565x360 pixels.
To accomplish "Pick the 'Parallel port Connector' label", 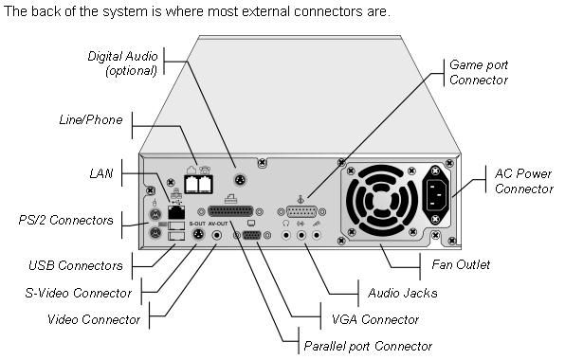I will tap(368, 347).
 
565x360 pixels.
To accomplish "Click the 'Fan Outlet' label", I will tap(484, 266).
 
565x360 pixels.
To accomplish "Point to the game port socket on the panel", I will tap(299, 213).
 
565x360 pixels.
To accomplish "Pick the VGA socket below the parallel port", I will tap(253, 235).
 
